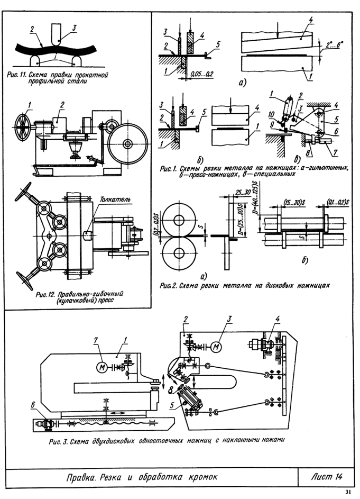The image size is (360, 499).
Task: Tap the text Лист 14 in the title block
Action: click(x=323, y=477)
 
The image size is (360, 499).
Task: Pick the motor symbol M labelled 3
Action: click(x=215, y=347)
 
